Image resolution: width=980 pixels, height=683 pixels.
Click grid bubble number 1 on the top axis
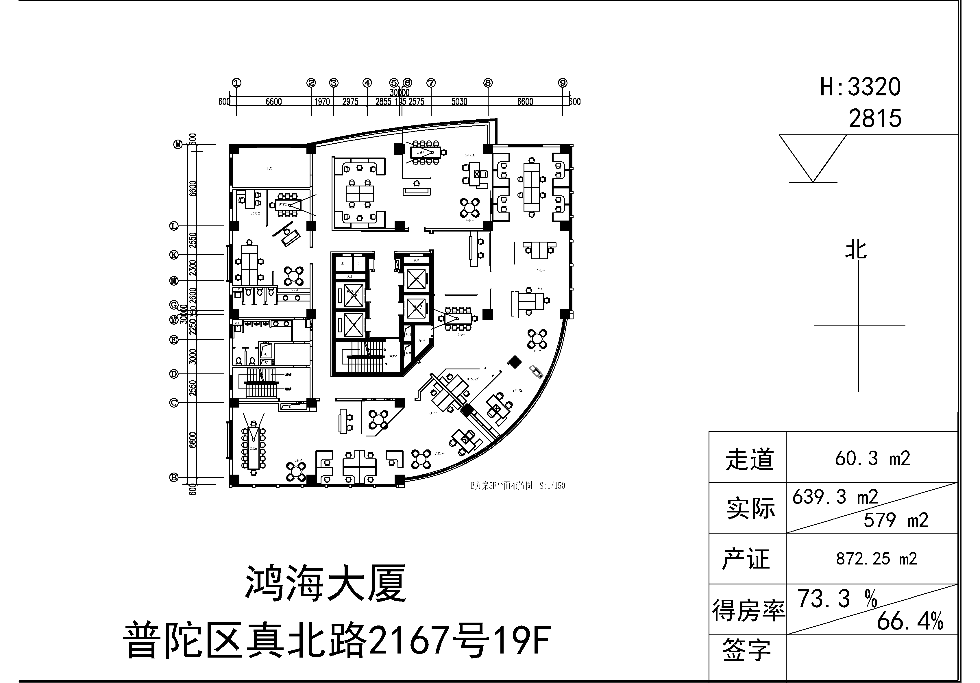point(236,83)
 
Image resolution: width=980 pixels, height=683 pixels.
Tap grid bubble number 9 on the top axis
point(563,83)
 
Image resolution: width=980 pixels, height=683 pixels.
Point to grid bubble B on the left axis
point(174,477)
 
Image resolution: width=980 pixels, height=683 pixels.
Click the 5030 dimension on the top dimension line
point(459,101)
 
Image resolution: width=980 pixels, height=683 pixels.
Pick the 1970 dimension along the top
point(322,101)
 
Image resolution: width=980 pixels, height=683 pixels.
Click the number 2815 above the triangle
point(875,119)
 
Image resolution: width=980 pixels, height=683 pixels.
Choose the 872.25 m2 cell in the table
point(876,559)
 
